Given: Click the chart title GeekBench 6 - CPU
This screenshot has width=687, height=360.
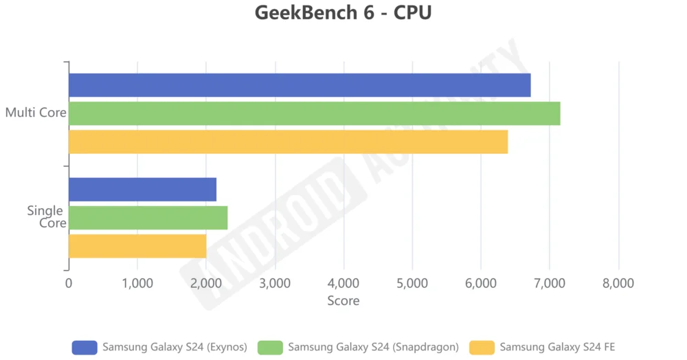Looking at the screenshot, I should click(x=343, y=13).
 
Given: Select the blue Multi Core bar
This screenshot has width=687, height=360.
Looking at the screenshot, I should click(x=300, y=85).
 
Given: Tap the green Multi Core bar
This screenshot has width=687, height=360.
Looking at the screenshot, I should click(x=314, y=113).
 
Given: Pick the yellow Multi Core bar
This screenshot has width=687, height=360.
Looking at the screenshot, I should click(x=288, y=142).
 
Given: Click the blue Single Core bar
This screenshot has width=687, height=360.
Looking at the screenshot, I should click(x=142, y=190).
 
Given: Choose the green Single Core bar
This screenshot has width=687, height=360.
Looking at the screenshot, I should click(x=148, y=218).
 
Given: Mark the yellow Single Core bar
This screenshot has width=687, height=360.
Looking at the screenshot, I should click(x=137, y=246).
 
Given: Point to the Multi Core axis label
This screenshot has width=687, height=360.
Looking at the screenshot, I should click(x=35, y=113).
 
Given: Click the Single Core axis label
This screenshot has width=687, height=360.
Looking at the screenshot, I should click(x=47, y=216).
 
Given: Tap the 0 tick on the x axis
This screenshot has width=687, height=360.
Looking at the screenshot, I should click(x=69, y=283).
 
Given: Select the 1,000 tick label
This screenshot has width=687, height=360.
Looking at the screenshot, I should click(x=137, y=283).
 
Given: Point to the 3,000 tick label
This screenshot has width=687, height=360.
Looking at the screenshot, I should click(x=275, y=283).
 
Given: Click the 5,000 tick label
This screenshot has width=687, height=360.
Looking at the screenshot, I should click(x=412, y=283).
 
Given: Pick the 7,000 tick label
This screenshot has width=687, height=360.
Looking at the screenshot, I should click(x=550, y=283).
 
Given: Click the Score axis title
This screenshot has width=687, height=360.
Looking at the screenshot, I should click(x=343, y=300).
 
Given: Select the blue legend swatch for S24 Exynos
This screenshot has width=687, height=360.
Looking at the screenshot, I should click(x=85, y=347).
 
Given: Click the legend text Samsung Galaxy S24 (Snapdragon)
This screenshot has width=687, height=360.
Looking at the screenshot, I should click(x=373, y=347).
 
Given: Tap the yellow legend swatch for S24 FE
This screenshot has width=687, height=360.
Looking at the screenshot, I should click(x=482, y=347).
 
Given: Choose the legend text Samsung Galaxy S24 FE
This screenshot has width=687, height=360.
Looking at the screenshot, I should click(x=557, y=347).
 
